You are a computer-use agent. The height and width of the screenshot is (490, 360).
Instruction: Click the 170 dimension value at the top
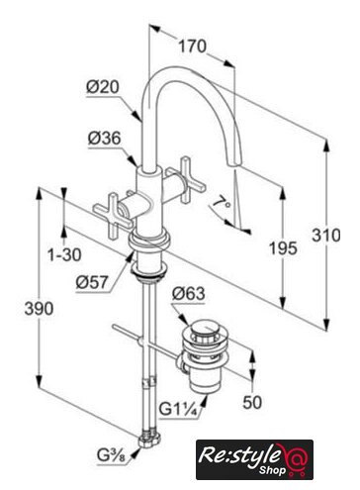[x=193, y=47]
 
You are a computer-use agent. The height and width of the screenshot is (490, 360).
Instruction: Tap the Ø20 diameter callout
[x=103, y=87]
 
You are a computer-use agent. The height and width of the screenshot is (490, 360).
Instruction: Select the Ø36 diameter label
[x=104, y=139]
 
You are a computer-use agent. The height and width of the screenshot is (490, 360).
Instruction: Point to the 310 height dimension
[x=326, y=236]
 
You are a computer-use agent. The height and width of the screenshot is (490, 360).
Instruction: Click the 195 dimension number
[x=283, y=248]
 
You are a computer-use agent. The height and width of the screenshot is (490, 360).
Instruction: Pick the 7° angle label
[x=222, y=202]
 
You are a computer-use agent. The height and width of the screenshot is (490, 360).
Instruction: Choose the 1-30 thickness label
[x=64, y=254]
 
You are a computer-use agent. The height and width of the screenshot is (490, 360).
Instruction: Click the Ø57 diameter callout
[x=92, y=282]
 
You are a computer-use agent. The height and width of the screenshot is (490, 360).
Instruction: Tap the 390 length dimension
[x=39, y=309]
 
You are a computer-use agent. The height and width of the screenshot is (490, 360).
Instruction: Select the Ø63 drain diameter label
[x=188, y=294]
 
